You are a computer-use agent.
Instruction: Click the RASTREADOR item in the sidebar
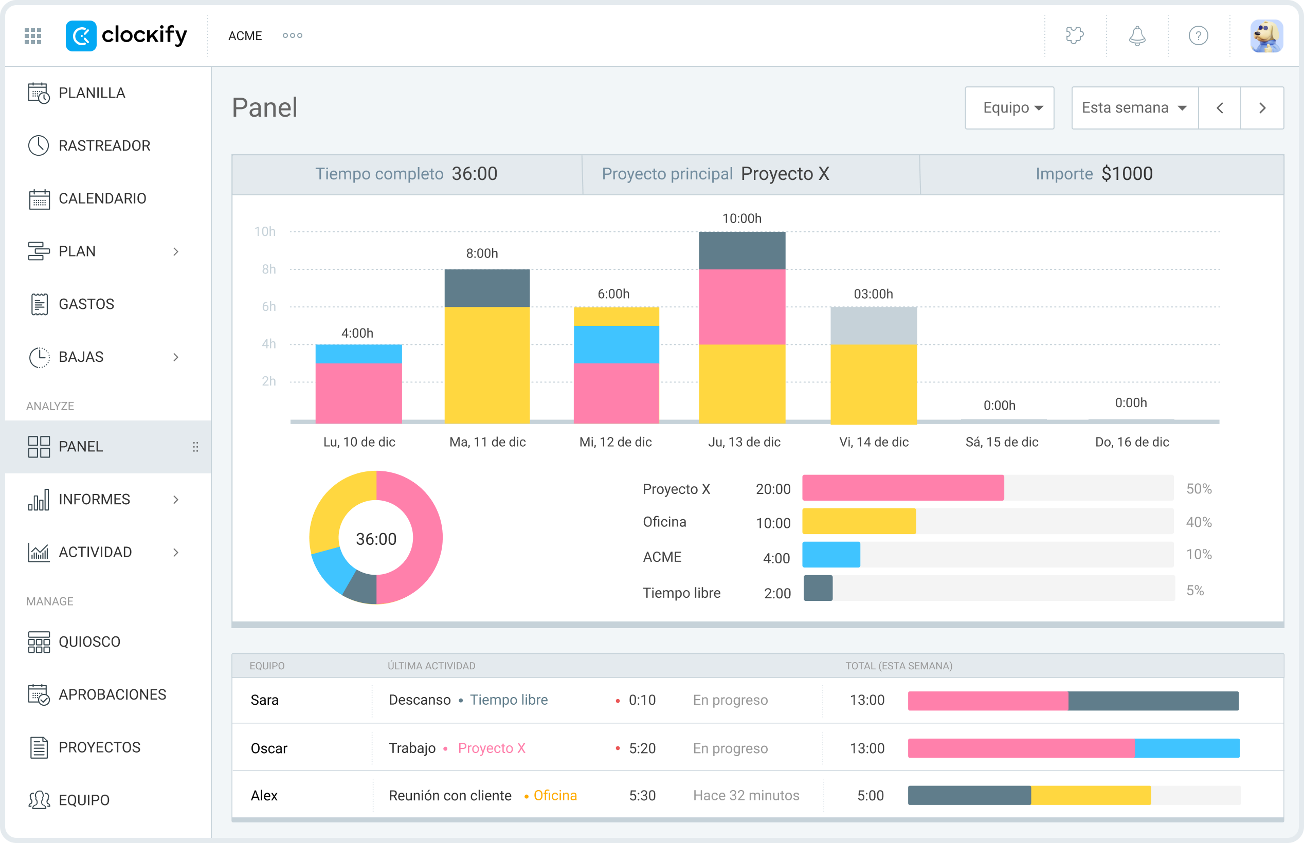tap(104, 145)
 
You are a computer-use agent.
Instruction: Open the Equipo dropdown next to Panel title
tap(1009, 108)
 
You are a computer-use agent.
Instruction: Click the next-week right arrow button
tap(1262, 108)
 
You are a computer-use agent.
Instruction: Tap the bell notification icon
tap(1137, 36)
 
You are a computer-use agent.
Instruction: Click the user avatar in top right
tap(1266, 36)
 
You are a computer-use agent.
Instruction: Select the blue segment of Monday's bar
tap(358, 354)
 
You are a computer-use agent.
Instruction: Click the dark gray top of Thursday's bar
tap(742, 251)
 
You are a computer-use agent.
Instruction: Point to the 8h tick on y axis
tap(268, 269)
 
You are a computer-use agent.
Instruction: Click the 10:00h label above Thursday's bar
tap(742, 218)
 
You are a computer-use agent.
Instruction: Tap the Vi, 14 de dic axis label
tap(874, 442)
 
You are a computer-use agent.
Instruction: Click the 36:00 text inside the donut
tap(376, 539)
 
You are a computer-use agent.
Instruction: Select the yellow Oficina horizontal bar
tap(858, 521)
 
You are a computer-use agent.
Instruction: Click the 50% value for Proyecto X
tap(1199, 488)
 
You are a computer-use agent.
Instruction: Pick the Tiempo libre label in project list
tap(681, 593)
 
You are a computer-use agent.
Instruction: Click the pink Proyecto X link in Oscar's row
tap(491, 748)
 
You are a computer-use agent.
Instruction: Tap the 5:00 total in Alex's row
tap(870, 795)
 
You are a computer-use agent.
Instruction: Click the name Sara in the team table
tap(264, 700)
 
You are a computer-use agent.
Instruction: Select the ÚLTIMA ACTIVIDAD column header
tap(431, 666)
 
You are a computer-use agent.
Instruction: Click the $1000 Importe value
tap(1127, 174)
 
